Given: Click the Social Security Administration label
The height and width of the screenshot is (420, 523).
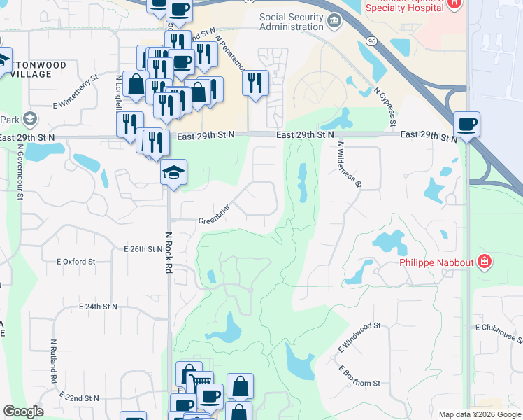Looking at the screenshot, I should click(x=292, y=22).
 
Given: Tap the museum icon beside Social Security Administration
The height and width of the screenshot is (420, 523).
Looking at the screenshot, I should click(x=334, y=22).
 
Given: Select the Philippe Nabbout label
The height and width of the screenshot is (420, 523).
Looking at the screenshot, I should click(x=437, y=263).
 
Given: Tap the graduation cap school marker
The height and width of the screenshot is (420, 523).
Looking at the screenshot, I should click(x=173, y=173).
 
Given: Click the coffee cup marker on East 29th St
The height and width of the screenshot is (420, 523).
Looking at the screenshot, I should click(x=466, y=125).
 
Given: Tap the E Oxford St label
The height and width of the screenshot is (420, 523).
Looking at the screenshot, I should click(x=76, y=262).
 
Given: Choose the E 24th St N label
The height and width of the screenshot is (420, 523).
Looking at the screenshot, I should click(x=99, y=307).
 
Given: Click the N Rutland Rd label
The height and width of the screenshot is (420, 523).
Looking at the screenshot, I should click(x=53, y=361).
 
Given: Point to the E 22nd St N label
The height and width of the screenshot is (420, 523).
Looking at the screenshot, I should click(x=80, y=397).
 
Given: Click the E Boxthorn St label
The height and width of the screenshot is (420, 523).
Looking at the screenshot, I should click(x=359, y=376).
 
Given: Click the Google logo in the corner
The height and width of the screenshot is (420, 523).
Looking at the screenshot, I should click(x=23, y=412).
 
